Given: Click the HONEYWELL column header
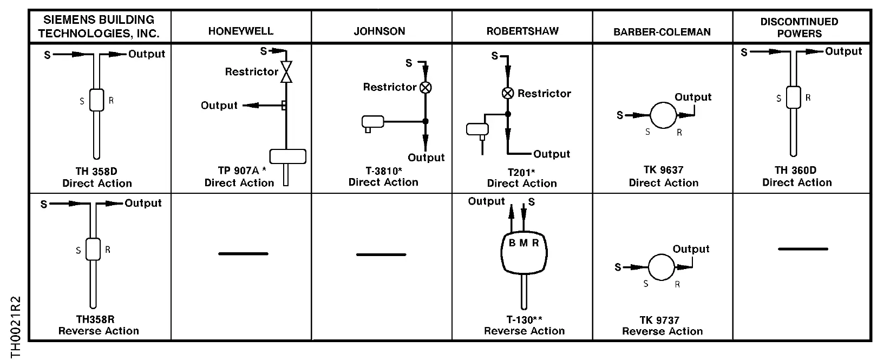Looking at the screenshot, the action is [x=240, y=31].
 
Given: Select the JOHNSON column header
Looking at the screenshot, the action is [x=379, y=31].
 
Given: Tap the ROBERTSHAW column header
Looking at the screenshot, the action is [x=522, y=31].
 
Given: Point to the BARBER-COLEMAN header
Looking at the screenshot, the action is [x=662, y=32].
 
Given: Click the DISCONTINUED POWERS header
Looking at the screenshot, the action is [x=799, y=28].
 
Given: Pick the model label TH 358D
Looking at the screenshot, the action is [x=96, y=172].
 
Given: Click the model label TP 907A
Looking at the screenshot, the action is [x=238, y=171].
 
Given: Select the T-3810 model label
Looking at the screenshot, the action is [x=382, y=171].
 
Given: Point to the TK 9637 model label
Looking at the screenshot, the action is [x=663, y=170].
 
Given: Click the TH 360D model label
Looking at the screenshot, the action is [x=796, y=170].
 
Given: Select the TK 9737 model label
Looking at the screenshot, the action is [x=659, y=320].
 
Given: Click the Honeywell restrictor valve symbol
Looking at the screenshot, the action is [x=286, y=71].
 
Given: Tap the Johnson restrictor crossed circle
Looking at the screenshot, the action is [x=426, y=87].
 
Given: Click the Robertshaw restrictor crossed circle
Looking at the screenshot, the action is [x=508, y=93].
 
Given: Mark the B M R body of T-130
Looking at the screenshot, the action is [x=524, y=253].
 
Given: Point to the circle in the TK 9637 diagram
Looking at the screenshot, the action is [x=663, y=115].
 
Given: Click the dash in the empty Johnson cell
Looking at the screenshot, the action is [x=381, y=255].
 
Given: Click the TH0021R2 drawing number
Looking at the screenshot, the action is [x=15, y=328].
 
